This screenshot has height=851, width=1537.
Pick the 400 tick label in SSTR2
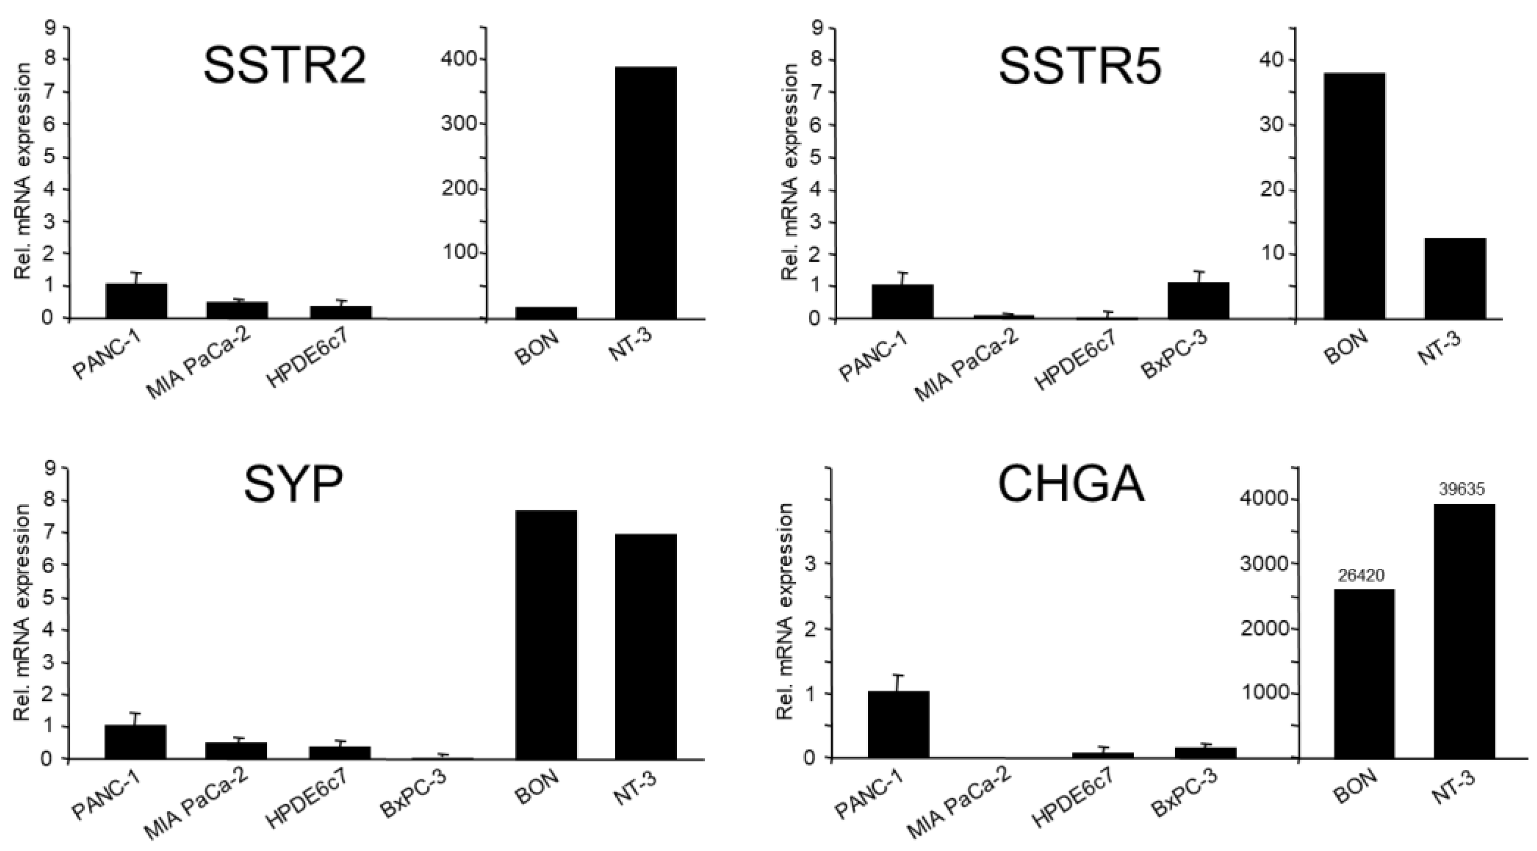click(x=456, y=60)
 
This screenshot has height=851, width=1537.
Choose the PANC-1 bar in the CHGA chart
click(x=898, y=724)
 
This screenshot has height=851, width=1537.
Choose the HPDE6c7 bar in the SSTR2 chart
click(x=341, y=312)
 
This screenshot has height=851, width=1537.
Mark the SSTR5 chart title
click(x=1080, y=67)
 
